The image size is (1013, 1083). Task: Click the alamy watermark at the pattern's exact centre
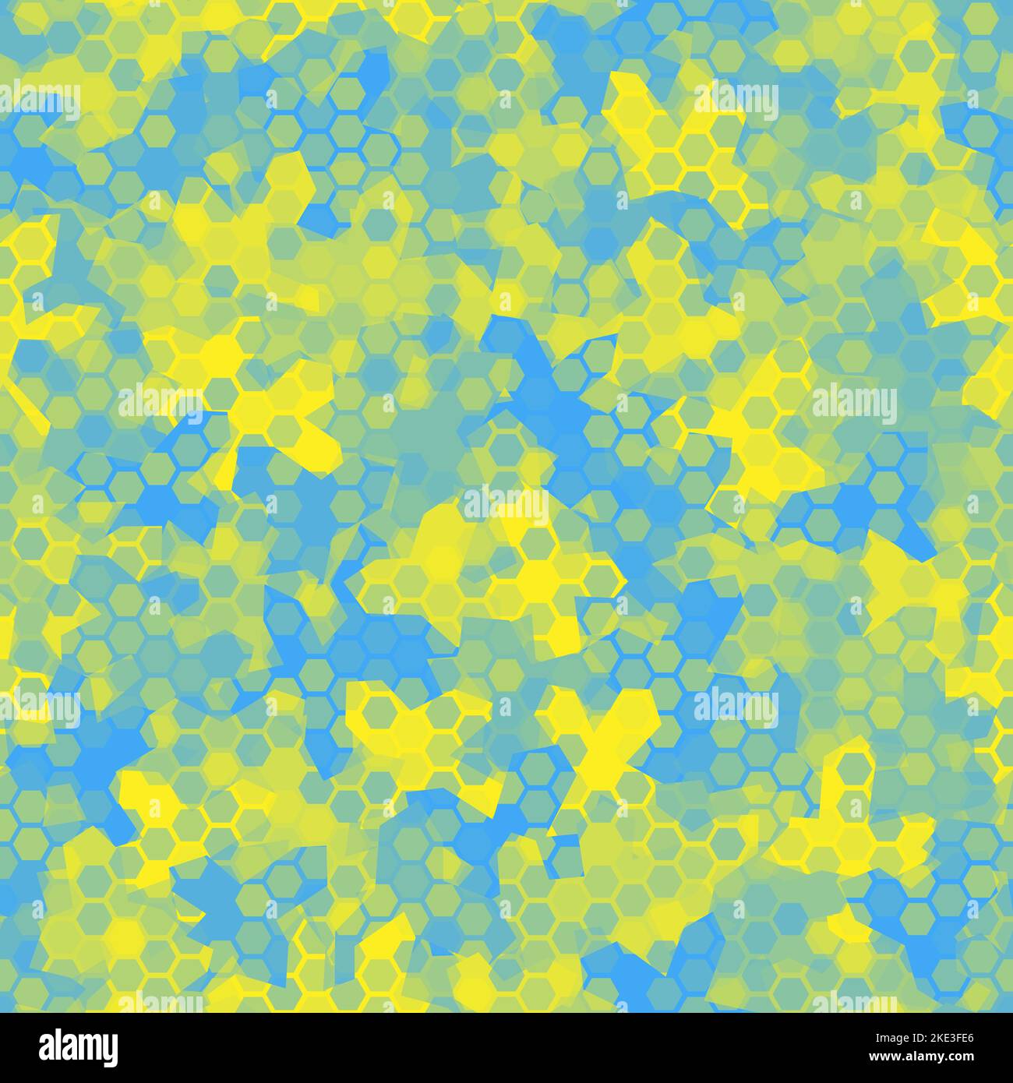[x=506, y=505]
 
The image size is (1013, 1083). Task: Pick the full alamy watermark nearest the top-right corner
[x=736, y=100]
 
